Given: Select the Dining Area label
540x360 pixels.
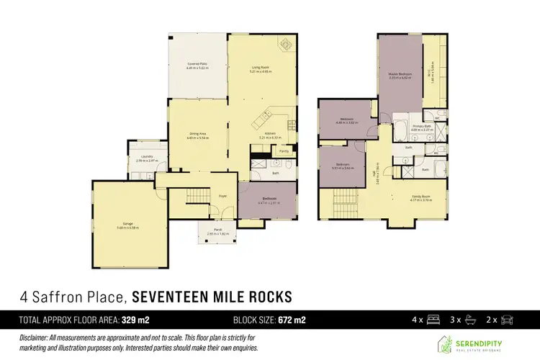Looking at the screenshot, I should pyautogui.click(x=197, y=133).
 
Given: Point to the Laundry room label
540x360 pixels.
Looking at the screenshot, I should pyautogui.click(x=142, y=158).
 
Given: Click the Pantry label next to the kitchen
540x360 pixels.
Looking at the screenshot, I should pyautogui.click(x=284, y=152).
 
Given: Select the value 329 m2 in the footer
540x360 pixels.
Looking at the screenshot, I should pyautogui.click(x=135, y=318).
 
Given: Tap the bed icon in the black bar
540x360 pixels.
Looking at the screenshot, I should pyautogui.click(x=434, y=318).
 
